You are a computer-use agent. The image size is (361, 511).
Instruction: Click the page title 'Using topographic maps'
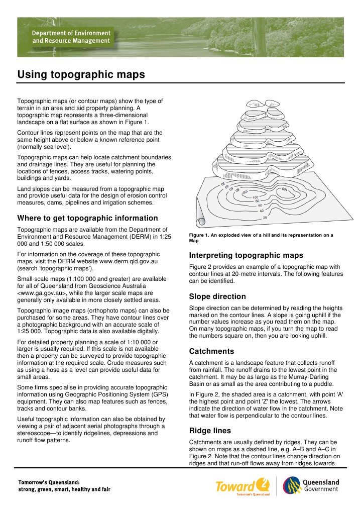click(x=81, y=74)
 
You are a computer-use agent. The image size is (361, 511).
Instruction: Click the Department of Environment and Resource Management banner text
click(x=71, y=36)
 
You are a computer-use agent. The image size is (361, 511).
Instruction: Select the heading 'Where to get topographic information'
click(x=87, y=218)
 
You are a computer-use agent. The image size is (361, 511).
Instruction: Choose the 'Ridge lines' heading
click(x=209, y=430)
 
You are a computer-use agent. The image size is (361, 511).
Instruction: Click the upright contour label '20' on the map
click(x=265, y=218)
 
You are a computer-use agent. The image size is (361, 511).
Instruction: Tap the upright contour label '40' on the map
click(x=262, y=211)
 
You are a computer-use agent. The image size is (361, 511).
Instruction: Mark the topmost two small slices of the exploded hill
click(x=264, y=106)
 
